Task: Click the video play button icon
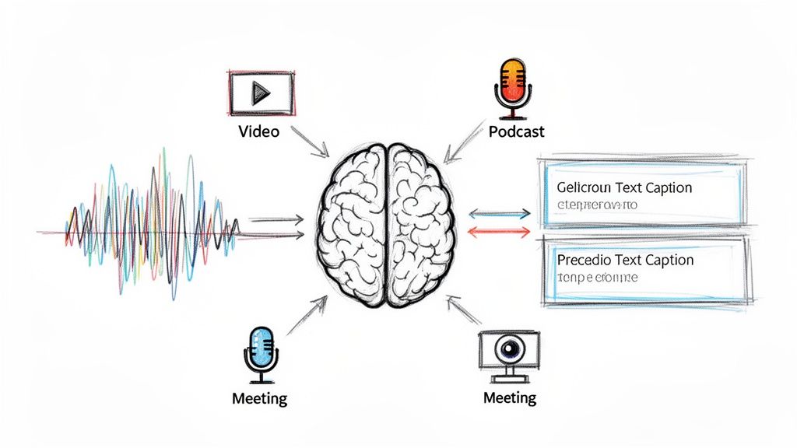[260, 92]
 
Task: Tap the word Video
[258, 131]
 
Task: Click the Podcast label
[517, 131]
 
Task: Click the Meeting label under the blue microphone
[259, 399]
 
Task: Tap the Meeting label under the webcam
[510, 398]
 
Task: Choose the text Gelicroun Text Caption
[624, 187]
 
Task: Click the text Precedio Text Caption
[625, 260]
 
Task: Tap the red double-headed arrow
[498, 231]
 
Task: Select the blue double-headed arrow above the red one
[498, 213]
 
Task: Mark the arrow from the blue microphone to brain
[307, 314]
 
